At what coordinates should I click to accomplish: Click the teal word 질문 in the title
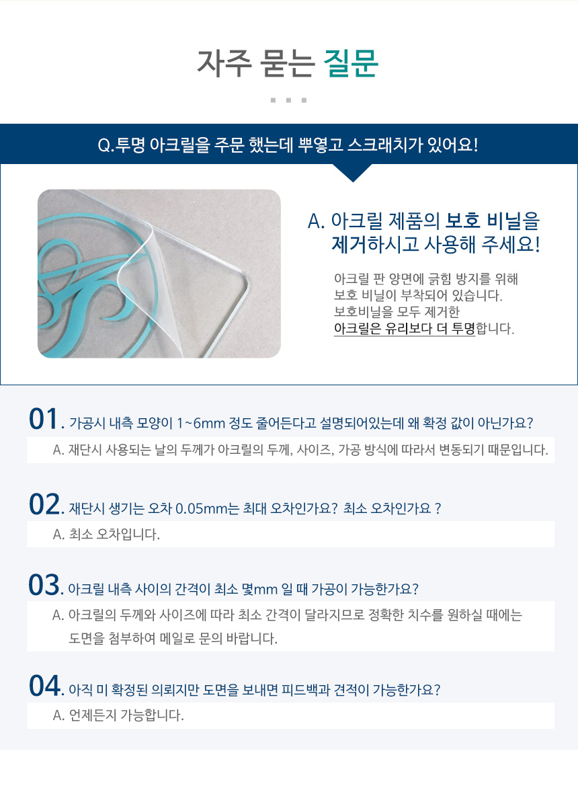click(x=351, y=63)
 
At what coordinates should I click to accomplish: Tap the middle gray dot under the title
click(x=288, y=100)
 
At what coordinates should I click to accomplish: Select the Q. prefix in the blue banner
click(x=106, y=145)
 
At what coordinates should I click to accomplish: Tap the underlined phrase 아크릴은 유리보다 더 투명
click(x=404, y=329)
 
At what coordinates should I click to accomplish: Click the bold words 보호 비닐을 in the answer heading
click(x=492, y=221)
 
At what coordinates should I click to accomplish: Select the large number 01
click(x=44, y=419)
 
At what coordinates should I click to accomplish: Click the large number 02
click(x=44, y=504)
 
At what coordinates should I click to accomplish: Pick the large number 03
click(x=44, y=585)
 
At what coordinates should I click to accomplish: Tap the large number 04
click(x=44, y=686)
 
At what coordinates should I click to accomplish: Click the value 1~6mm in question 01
click(x=200, y=423)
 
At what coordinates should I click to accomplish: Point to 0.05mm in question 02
click(x=202, y=508)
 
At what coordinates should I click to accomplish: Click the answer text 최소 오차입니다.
click(x=114, y=535)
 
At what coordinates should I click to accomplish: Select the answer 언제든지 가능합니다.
click(x=126, y=715)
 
